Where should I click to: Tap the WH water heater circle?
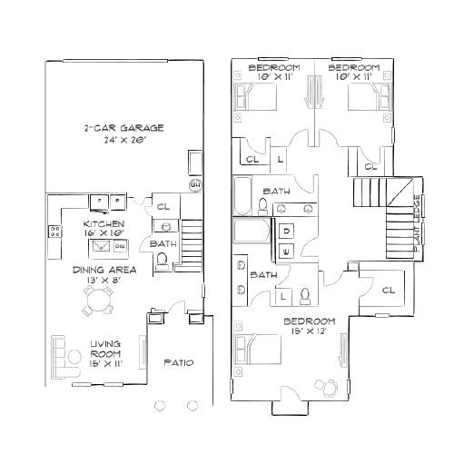pyautogui.click(x=193, y=186)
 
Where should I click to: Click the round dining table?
pyautogui.click(x=97, y=308)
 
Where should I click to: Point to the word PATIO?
pyautogui.click(x=177, y=363)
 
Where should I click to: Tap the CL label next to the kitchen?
pyautogui.click(x=163, y=206)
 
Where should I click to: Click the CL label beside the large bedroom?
pyautogui.click(x=389, y=291)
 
